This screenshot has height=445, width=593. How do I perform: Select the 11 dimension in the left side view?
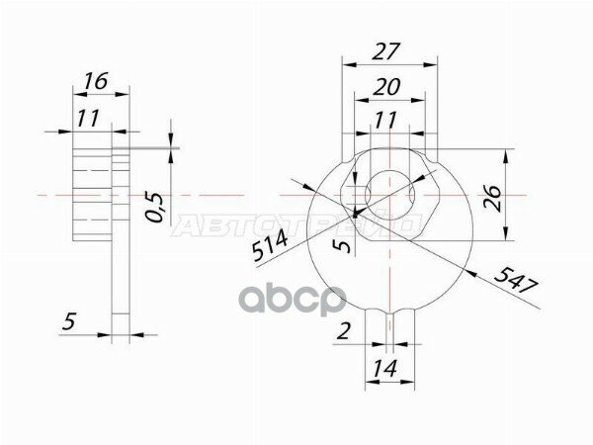pyautogui.click(x=90, y=120)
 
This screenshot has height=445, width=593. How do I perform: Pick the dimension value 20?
pyautogui.click(x=387, y=87)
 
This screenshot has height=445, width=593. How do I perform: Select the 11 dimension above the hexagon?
pyautogui.click(x=386, y=120)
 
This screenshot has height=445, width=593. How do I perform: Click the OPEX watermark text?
pyautogui.click(x=296, y=296)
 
